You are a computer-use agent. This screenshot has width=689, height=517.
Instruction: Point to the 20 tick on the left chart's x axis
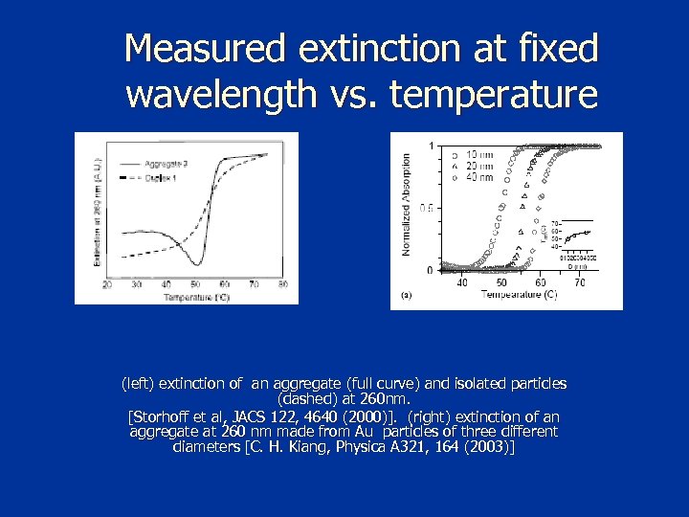pos(106,284)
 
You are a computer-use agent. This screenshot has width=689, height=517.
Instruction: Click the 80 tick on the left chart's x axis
pos(282,284)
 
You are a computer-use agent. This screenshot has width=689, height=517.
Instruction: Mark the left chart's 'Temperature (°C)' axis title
pos(194,297)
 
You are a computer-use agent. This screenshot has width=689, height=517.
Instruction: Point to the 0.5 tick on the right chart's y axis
pos(428,208)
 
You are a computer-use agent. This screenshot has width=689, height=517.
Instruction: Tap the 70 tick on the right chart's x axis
pos(579,281)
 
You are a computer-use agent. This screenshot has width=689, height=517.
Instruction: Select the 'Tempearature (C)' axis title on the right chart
pos(519,295)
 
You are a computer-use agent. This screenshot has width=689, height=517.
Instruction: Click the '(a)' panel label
pos(407,296)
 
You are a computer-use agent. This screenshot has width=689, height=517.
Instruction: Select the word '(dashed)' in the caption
pos(303,397)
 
